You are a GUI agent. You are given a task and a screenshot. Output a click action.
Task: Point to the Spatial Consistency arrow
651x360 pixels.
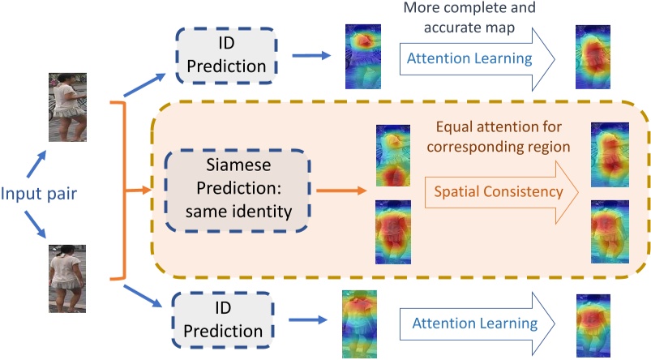tap(499, 193)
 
